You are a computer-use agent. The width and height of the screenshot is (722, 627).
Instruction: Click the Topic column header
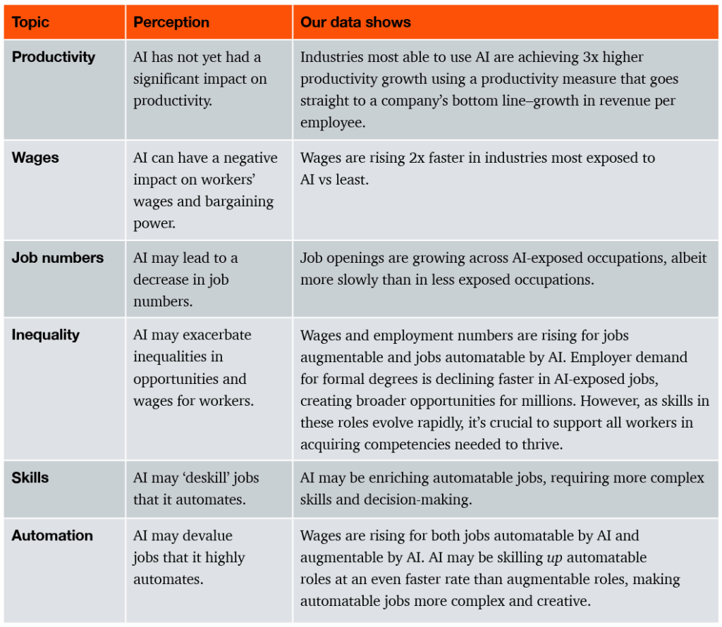pyautogui.click(x=30, y=22)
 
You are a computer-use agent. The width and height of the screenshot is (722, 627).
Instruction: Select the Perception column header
pyautogui.click(x=171, y=22)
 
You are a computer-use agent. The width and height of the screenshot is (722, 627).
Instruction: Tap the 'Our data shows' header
pyautogui.click(x=355, y=22)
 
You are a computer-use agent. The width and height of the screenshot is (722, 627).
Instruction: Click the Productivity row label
pyautogui.click(x=53, y=57)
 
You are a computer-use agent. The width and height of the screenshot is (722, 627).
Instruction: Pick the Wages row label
pyautogui.click(x=35, y=157)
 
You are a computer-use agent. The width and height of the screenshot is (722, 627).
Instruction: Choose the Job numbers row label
pyautogui.click(x=57, y=258)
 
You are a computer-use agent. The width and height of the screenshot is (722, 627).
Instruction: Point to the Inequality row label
pyautogui.click(x=45, y=335)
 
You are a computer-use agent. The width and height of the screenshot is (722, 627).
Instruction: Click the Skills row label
pyautogui.click(x=30, y=478)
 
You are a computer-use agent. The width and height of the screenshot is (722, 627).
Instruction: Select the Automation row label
pyautogui.click(x=52, y=535)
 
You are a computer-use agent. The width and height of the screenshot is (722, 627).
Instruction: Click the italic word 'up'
pyautogui.click(x=554, y=558)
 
